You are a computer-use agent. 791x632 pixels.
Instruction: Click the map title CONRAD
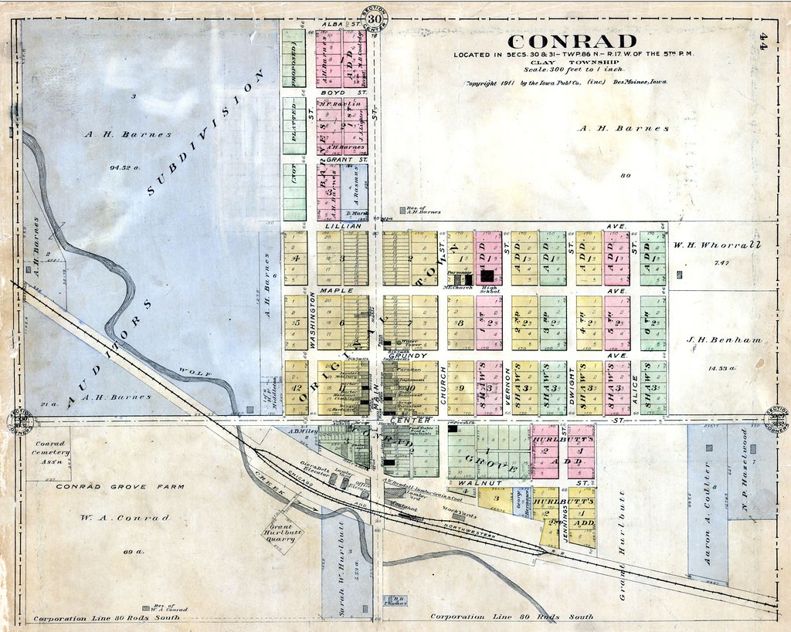pos(572,42)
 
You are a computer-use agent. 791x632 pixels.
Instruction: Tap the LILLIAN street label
pos(343,225)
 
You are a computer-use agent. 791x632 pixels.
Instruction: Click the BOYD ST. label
pos(334,92)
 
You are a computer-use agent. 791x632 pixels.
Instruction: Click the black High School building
pos(487,275)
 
